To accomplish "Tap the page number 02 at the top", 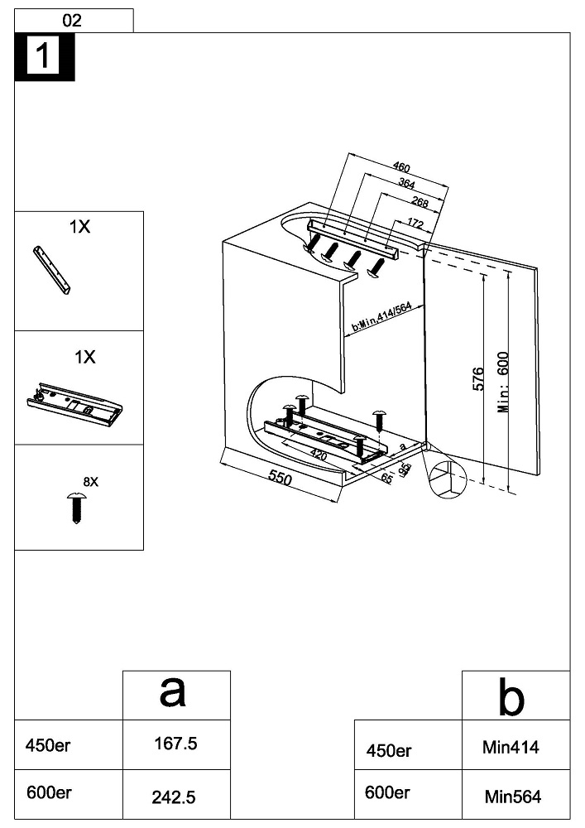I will (x=73, y=21).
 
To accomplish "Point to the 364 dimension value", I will (x=406, y=183).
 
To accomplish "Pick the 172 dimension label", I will (x=415, y=224).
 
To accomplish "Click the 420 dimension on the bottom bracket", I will (x=318, y=455).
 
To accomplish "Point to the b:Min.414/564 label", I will (x=381, y=317).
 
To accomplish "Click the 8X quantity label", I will (x=90, y=481).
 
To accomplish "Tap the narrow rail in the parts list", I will (x=52, y=270).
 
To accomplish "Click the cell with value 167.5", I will (x=175, y=744).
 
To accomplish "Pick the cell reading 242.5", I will (x=175, y=797).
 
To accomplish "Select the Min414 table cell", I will (x=511, y=748).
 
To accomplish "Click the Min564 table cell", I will (x=511, y=797).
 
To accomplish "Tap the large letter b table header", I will (x=511, y=698).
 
